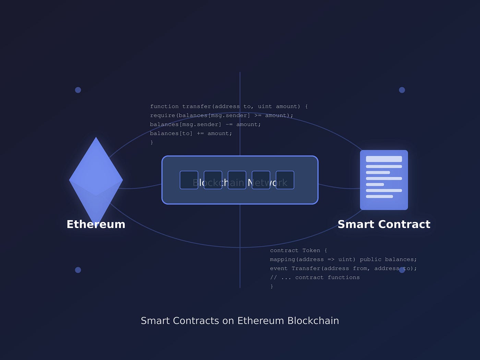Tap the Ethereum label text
tap(96, 224)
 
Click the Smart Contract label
tap(384, 224)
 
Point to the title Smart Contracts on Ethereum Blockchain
tap(240, 321)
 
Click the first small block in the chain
tap(189, 180)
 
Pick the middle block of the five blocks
tap(237, 180)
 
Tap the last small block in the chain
tap(285, 180)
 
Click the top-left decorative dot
tap(78, 90)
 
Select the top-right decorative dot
tap(402, 90)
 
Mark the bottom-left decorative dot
tap(78, 270)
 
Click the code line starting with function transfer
tap(229, 107)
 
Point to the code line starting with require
tap(221, 116)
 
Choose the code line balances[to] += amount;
tap(191, 133)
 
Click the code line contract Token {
tap(298, 251)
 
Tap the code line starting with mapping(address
tap(343, 260)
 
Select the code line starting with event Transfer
tap(343, 268)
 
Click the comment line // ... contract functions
tap(315, 277)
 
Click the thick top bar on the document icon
tap(384, 159)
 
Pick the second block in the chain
tap(213, 180)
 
